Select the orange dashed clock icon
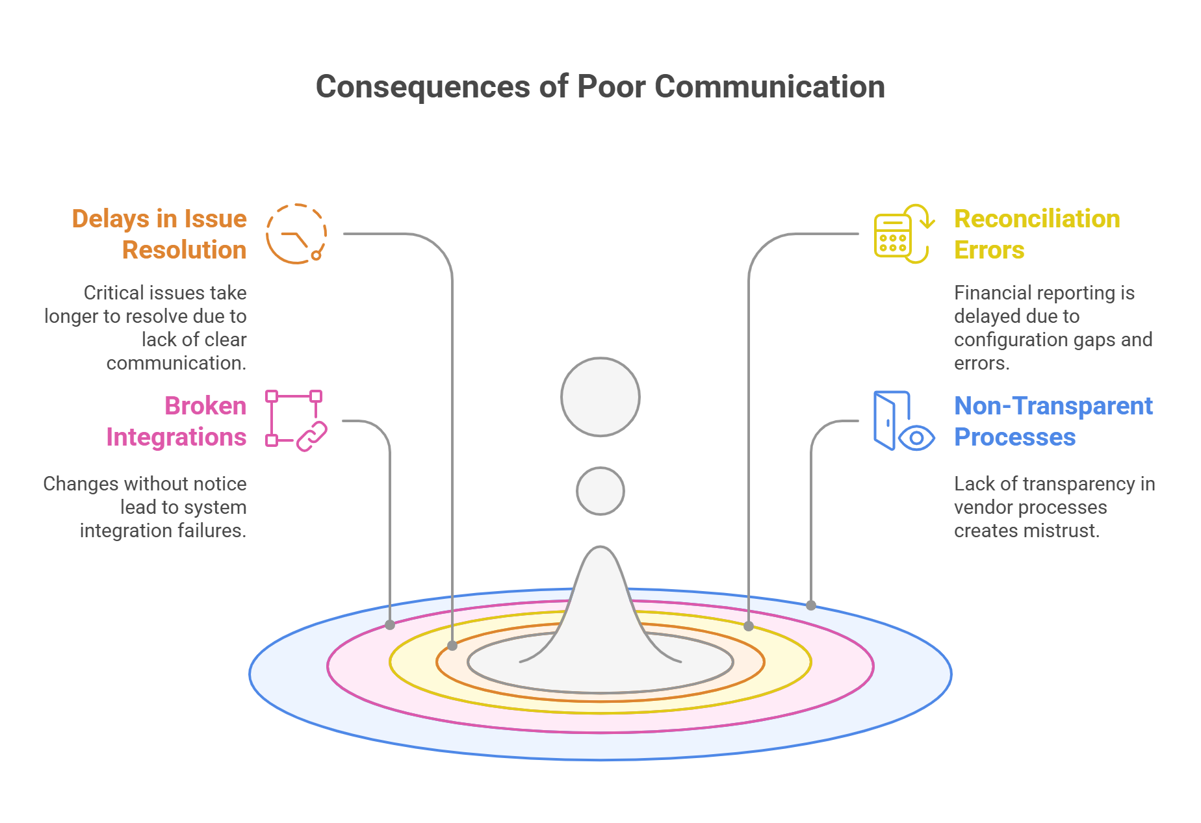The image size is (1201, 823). (296, 234)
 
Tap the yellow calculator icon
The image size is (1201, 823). (903, 234)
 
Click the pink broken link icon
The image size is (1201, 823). (296, 421)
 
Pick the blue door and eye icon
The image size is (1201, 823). (903, 421)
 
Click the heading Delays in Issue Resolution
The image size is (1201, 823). (160, 234)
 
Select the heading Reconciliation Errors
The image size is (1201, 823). (1037, 234)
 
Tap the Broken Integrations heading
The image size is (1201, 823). (177, 422)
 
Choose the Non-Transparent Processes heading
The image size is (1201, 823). (1053, 422)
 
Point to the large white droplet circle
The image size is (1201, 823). (600, 396)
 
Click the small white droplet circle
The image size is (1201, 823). (600, 491)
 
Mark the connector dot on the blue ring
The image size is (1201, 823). (811, 605)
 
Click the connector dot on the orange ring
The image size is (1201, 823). (452, 646)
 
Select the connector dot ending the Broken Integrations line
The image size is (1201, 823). (390, 625)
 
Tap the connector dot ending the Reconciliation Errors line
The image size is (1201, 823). (749, 626)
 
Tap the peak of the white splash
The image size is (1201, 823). (600, 551)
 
